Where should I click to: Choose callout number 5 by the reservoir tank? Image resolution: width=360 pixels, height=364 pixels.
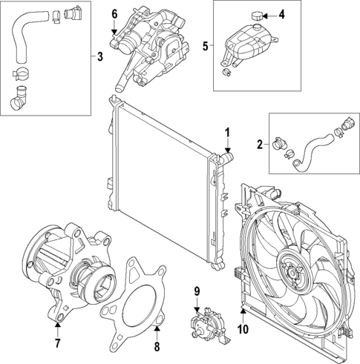206,46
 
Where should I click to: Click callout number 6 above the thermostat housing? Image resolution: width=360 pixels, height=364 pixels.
114,13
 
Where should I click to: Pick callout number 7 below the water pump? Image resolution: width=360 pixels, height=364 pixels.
56,343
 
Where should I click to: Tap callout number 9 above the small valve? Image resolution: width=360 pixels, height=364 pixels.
197,291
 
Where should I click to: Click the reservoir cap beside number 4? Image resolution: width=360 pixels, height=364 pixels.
257,15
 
